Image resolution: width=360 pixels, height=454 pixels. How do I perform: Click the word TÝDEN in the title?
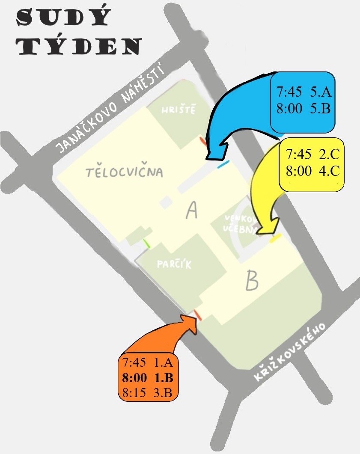79,46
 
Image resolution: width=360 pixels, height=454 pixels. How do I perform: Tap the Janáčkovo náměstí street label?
110,107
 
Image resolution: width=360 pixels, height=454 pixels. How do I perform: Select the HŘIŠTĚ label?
179,110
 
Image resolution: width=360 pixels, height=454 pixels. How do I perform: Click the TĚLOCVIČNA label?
125,172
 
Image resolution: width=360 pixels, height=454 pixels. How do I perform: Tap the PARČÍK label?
174,264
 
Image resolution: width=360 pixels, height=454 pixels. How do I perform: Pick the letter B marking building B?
252,280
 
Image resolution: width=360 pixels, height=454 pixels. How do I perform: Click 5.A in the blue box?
321,92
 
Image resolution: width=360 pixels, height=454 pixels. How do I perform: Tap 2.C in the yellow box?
329,154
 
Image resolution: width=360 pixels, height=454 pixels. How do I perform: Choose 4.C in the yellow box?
329,171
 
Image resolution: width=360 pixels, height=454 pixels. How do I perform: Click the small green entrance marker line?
147,243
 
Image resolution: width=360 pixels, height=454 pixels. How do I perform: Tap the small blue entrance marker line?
223,164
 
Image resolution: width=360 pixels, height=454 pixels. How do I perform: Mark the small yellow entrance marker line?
275,238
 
